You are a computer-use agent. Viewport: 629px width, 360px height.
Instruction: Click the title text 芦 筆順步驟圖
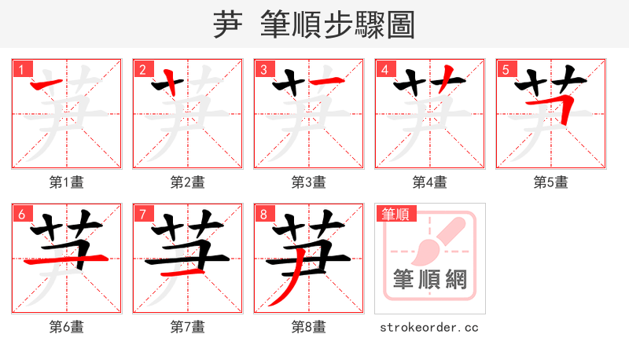pos(314,24)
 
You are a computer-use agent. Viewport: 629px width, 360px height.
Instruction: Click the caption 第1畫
pos(67,182)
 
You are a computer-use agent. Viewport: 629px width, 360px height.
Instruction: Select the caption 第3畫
pos(309,182)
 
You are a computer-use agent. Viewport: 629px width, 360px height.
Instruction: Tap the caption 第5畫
pos(551,182)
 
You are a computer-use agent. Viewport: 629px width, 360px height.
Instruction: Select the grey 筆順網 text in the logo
pos(429,280)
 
